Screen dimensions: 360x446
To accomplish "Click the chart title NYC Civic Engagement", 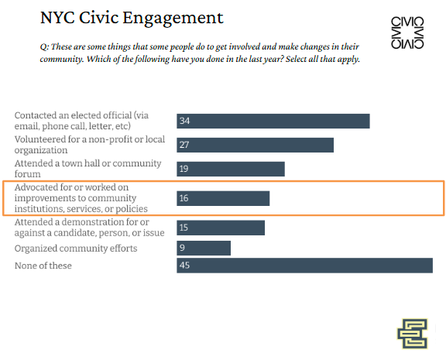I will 132,17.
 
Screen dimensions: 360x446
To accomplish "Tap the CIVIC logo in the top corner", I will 407,33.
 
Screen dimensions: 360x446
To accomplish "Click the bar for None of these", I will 304,266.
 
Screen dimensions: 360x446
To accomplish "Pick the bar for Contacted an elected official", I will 273,121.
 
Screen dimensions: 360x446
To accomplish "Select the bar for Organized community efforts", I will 204,248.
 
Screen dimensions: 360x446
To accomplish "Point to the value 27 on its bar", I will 184,145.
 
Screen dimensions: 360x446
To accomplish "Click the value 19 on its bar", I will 184,169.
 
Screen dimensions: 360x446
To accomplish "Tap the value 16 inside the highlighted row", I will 184,198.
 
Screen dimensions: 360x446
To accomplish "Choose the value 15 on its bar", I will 184,228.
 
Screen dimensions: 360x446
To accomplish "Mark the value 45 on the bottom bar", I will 184,266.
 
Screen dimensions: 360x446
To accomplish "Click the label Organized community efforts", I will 76,249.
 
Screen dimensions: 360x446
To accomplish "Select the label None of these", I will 43,266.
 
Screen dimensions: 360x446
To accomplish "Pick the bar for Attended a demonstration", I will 221,228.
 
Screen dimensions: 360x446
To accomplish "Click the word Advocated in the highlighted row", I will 38,188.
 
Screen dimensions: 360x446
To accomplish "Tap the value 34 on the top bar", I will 184,121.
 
